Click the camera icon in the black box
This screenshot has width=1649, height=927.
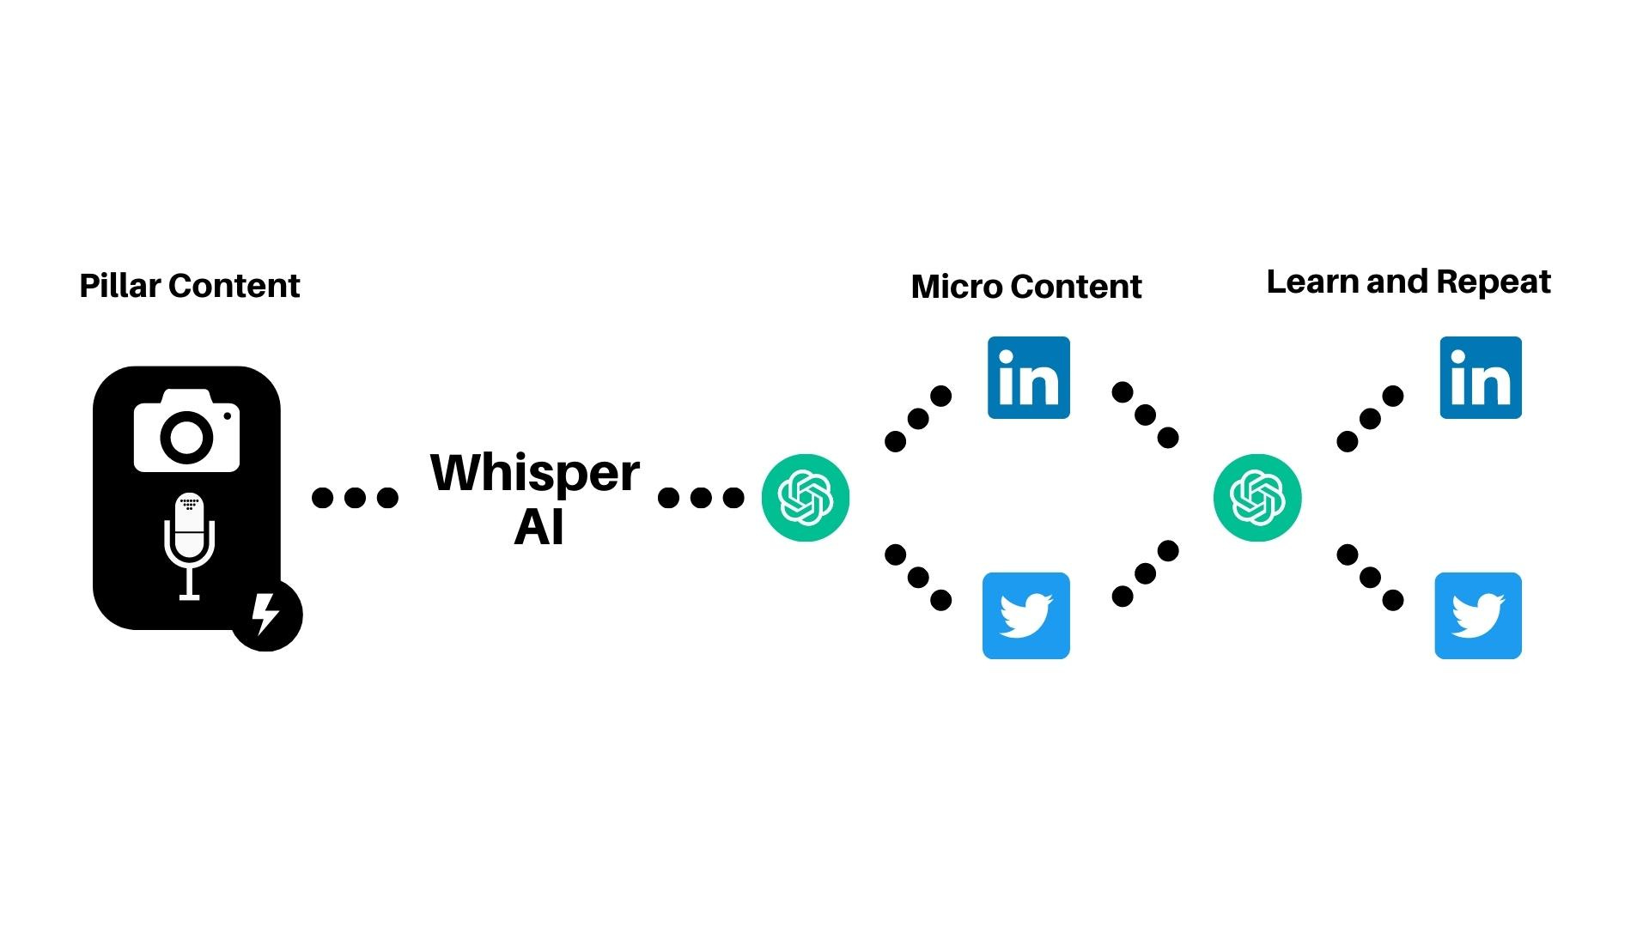point(186,431)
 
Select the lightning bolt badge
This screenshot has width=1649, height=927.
point(266,615)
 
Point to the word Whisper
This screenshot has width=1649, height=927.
point(534,474)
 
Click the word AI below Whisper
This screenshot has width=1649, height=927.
point(539,526)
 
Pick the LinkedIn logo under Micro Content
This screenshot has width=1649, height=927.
point(1028,378)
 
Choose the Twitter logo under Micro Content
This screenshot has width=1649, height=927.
point(1025,615)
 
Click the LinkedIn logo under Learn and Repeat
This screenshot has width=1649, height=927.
point(1480,378)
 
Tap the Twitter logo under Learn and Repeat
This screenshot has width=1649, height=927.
point(1477,615)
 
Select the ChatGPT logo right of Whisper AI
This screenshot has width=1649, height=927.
point(805,498)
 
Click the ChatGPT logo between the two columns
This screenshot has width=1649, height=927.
point(1257,498)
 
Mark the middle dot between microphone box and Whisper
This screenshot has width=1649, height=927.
point(355,498)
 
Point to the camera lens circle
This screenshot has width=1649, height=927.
point(186,438)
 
